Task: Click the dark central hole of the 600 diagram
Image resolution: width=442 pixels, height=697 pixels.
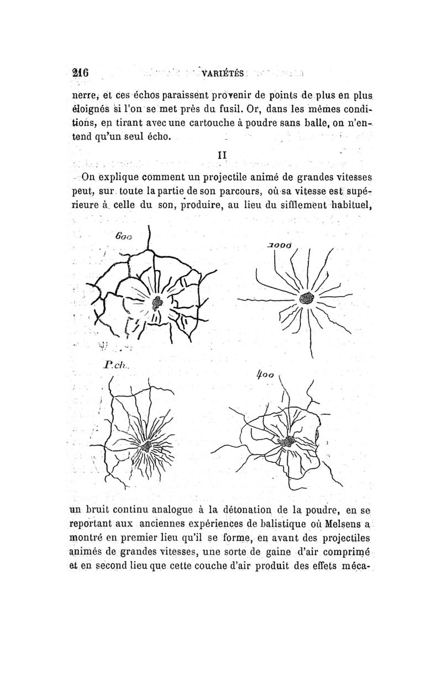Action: [159, 302]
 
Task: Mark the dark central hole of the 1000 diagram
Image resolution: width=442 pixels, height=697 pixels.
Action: [306, 299]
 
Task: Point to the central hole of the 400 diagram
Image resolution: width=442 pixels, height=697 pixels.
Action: [288, 441]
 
